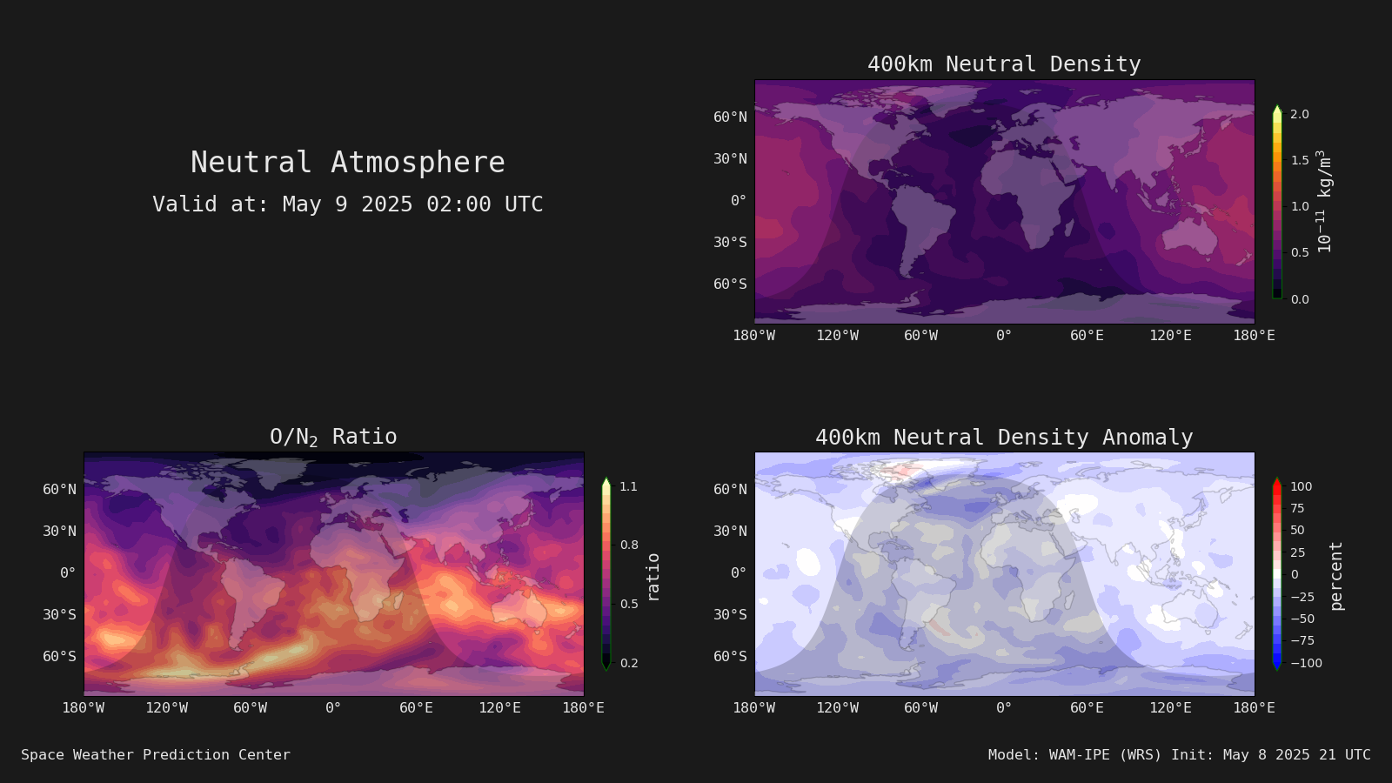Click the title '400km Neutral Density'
(x=1004, y=64)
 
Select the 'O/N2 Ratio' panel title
(x=333, y=437)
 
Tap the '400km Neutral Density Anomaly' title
(x=1004, y=438)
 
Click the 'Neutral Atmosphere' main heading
(x=347, y=162)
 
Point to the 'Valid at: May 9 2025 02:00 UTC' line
(x=347, y=204)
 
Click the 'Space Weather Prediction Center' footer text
(x=156, y=754)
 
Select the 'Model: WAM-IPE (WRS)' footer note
(x=1074, y=754)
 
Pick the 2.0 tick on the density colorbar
(x=1300, y=114)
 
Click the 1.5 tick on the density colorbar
(x=1300, y=160)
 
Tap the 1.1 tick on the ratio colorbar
(x=628, y=486)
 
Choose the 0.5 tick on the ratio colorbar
(x=629, y=604)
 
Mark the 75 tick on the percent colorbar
(x=1297, y=508)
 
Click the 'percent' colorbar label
(x=1336, y=576)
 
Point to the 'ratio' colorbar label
(x=652, y=578)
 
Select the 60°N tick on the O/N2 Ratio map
(x=59, y=489)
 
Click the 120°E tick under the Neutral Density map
(x=1170, y=336)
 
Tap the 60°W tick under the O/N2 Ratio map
(x=250, y=708)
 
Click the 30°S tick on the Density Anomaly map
(x=730, y=614)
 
